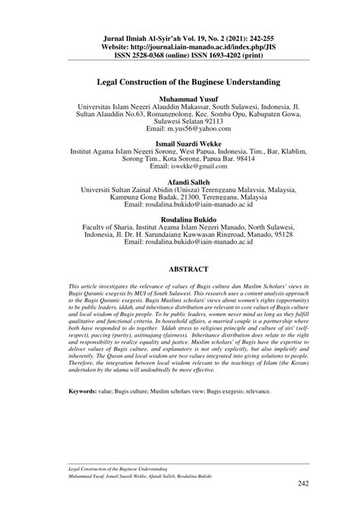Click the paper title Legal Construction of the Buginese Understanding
(180, 79)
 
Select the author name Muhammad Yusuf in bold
(180, 100)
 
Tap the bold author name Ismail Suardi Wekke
(180, 144)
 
